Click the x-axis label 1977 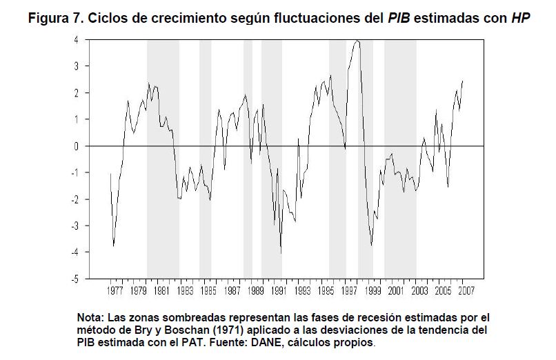click(x=115, y=291)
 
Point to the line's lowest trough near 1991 click(x=281, y=254)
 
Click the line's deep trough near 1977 click(x=113, y=246)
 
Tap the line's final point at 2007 click(x=462, y=81)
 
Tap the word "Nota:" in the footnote click(x=91, y=317)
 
